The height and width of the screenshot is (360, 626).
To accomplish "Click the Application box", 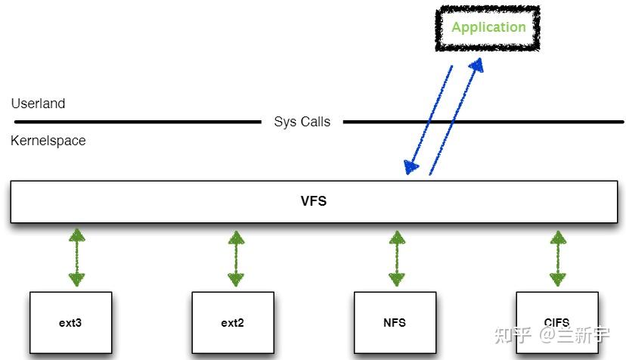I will (488, 28).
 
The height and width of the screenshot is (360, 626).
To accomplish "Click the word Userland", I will (38, 104).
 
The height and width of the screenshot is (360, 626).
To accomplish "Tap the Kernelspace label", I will (48, 141).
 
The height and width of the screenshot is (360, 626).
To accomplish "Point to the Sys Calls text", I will (302, 122).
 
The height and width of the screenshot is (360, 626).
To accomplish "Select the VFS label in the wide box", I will (314, 202).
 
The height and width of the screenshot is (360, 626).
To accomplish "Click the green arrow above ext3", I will (76, 258).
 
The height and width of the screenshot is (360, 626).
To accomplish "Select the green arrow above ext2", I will (236, 258).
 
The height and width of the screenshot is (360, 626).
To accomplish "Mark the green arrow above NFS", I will (396, 258).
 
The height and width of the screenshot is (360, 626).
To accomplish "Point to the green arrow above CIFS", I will (558, 258).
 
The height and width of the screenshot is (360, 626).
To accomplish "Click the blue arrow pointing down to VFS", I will (429, 117).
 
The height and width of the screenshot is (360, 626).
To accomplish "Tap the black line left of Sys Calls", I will (136, 122).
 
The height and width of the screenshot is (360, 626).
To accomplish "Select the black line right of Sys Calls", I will (484, 122).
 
